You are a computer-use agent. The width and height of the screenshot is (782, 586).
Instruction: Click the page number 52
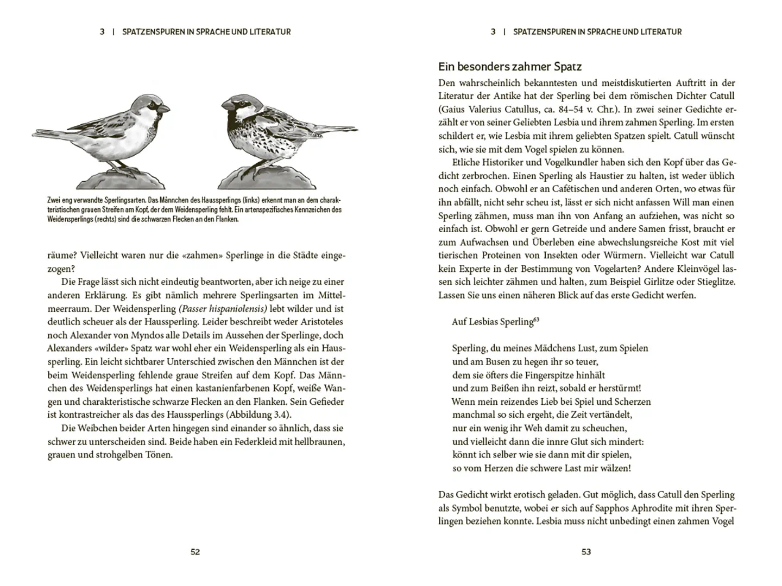pos(195,552)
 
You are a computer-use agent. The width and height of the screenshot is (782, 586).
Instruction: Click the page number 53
pos(586,552)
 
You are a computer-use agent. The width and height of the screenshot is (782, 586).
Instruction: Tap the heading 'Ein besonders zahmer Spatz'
pos(510,67)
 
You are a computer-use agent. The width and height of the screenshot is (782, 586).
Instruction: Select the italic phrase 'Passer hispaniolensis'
pos(223,309)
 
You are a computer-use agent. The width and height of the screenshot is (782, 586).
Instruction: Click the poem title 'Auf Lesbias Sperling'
pos(492,322)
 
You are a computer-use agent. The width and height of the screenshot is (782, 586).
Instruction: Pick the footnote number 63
pos(536,320)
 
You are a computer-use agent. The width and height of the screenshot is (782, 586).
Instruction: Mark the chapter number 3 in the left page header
pos(102,32)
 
